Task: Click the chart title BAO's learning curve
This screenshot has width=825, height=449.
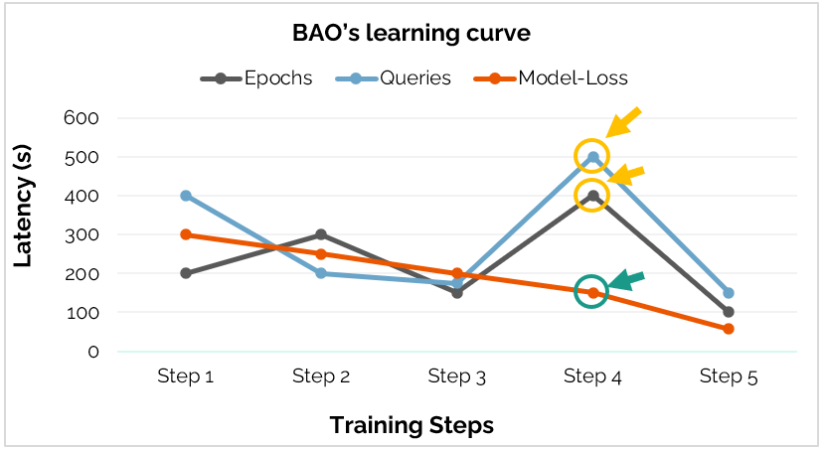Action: [x=412, y=33]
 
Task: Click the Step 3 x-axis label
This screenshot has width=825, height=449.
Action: [x=457, y=376]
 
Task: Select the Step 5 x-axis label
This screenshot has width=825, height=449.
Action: [x=729, y=376]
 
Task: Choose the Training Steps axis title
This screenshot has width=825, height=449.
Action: [x=412, y=425]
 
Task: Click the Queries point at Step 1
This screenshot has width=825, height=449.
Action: [x=186, y=196]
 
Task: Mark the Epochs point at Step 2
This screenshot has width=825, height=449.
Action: [x=321, y=234]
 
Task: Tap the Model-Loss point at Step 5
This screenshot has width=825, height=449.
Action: [x=729, y=329]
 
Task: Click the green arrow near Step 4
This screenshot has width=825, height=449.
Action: [x=626, y=280]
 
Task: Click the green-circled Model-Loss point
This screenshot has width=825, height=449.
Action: [x=593, y=292]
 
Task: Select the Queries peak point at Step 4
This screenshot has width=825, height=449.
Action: [x=593, y=157]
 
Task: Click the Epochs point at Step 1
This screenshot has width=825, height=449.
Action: [x=186, y=273]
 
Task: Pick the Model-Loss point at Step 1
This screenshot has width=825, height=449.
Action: [x=186, y=234]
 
